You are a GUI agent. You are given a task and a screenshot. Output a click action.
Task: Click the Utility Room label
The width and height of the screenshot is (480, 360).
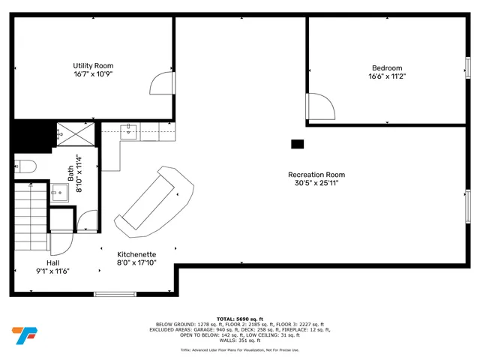point(93,66)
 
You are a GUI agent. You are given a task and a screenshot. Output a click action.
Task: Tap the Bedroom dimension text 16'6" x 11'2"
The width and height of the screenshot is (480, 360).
point(386,76)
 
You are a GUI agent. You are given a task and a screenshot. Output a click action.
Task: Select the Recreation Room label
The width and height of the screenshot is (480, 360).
point(316,175)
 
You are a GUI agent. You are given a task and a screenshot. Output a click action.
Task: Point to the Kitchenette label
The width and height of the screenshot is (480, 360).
point(136,254)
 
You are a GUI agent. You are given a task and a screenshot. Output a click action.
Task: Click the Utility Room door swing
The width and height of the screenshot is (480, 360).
point(163,83)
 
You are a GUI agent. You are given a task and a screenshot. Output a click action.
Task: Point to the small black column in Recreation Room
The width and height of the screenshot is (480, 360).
point(297,144)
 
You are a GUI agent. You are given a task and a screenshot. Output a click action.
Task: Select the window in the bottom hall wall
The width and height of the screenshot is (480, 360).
point(114,293)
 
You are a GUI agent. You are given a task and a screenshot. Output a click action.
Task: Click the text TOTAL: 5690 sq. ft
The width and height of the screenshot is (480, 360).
point(240,319)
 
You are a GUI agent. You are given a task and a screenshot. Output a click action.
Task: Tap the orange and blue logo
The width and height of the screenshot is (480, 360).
point(25,334)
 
